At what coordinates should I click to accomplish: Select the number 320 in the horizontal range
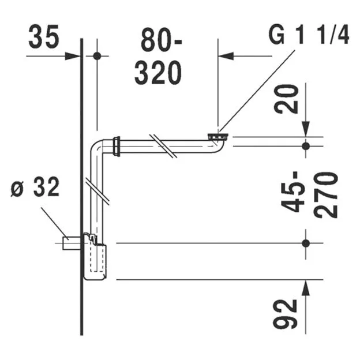[158, 73]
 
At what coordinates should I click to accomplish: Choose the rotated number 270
[327, 193]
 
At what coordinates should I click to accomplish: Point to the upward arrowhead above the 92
[306, 288]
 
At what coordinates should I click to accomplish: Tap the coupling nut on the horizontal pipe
[118, 147]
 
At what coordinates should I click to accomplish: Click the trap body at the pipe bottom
[95, 258]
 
